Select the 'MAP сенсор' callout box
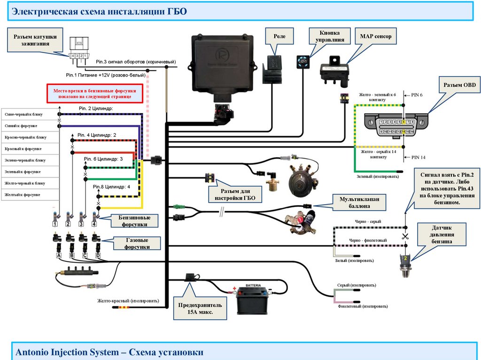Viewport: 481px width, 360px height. [375, 36]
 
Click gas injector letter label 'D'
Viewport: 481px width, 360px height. [98, 255]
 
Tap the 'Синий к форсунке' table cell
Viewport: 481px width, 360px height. [31, 126]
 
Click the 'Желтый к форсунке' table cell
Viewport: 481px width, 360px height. [31, 194]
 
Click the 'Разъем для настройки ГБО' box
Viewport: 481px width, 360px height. [235, 195]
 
